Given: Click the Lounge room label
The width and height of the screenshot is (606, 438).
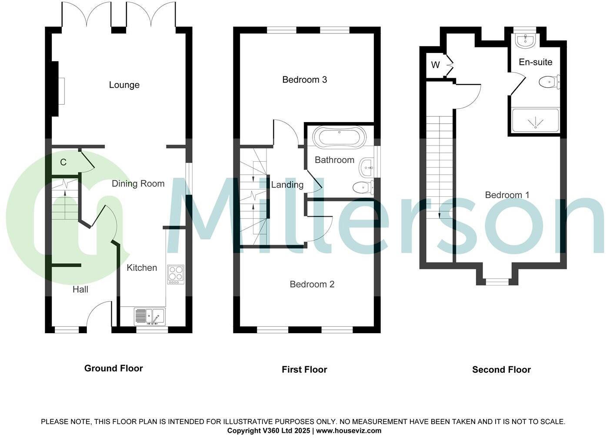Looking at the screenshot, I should pyautogui.click(x=124, y=85).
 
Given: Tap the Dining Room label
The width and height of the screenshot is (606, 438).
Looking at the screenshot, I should pyautogui.click(x=138, y=183).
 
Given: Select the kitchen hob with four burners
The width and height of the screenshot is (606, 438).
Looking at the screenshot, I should pyautogui.click(x=176, y=274).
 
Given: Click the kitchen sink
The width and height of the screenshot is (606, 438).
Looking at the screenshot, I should pyautogui.click(x=149, y=316).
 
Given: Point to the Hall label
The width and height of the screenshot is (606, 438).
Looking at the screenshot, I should pyautogui.click(x=80, y=289).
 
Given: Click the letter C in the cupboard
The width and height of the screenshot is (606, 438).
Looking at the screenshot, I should pyautogui.click(x=63, y=163).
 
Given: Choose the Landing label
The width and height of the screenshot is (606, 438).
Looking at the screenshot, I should pyautogui.click(x=287, y=185).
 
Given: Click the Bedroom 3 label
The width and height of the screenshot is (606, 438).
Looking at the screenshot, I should pyautogui.click(x=304, y=80).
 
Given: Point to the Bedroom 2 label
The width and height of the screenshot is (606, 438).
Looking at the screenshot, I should pyautogui.click(x=312, y=284).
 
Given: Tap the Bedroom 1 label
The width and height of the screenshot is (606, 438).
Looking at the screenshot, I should pyautogui.click(x=507, y=195).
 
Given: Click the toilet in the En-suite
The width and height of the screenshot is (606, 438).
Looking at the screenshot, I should pyautogui.click(x=549, y=82).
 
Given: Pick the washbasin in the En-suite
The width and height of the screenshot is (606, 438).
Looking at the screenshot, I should pyautogui.click(x=526, y=41).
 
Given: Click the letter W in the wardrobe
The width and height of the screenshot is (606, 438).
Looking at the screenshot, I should pyautogui.click(x=435, y=65).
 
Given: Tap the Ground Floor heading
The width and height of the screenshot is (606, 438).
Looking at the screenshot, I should pyautogui.click(x=113, y=368).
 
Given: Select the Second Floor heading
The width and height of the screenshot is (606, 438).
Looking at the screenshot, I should pyautogui.click(x=501, y=370).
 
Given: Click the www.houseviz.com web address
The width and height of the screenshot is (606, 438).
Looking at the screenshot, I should pyautogui.click(x=349, y=431).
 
